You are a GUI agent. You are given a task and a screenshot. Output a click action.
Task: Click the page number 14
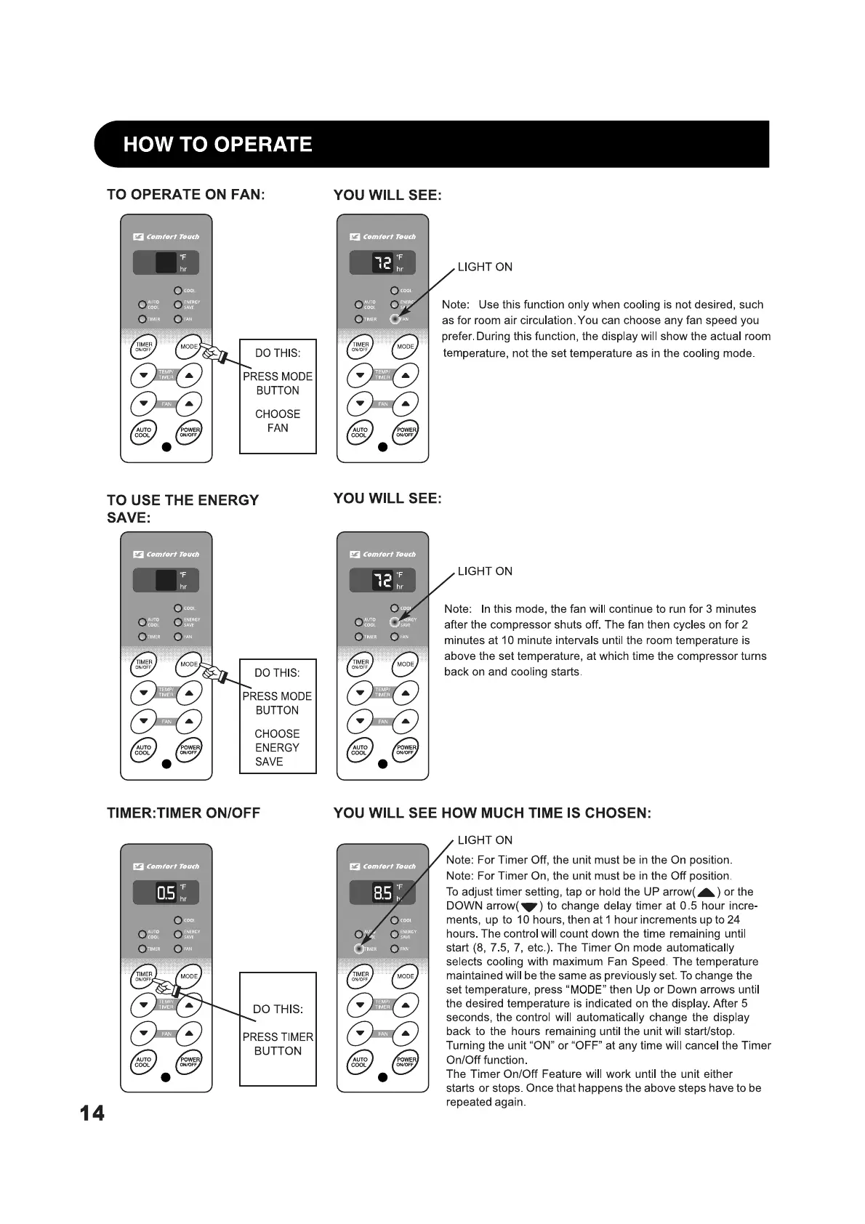click(92, 1113)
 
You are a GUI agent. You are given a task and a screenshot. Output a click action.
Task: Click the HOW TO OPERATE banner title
click(217, 144)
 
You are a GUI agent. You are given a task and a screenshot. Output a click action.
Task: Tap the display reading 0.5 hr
click(166, 893)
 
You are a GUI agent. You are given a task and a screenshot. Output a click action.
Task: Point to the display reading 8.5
click(382, 893)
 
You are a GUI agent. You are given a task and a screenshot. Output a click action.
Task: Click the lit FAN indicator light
click(395, 319)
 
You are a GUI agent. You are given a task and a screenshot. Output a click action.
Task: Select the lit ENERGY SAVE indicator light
click(395, 622)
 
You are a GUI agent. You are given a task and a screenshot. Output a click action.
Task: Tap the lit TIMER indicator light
click(358, 949)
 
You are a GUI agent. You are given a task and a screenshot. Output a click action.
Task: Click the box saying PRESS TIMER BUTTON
click(278, 1029)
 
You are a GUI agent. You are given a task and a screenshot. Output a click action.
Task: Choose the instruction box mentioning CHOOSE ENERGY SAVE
click(278, 717)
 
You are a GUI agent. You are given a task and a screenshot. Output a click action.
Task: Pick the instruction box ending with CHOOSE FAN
click(278, 396)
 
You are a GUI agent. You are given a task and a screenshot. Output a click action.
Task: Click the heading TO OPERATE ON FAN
click(185, 195)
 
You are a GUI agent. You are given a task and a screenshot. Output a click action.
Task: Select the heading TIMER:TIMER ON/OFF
click(183, 813)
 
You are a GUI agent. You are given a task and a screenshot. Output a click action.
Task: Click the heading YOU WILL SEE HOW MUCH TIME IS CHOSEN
click(492, 813)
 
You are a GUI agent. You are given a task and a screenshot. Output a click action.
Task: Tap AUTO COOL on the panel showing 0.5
click(143, 1063)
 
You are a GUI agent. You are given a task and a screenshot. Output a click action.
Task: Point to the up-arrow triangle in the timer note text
click(706, 893)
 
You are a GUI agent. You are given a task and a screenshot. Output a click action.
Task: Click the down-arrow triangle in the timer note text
click(528, 907)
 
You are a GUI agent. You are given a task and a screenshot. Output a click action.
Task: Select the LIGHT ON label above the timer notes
click(485, 840)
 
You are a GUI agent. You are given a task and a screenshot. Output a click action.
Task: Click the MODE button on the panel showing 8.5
click(405, 976)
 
